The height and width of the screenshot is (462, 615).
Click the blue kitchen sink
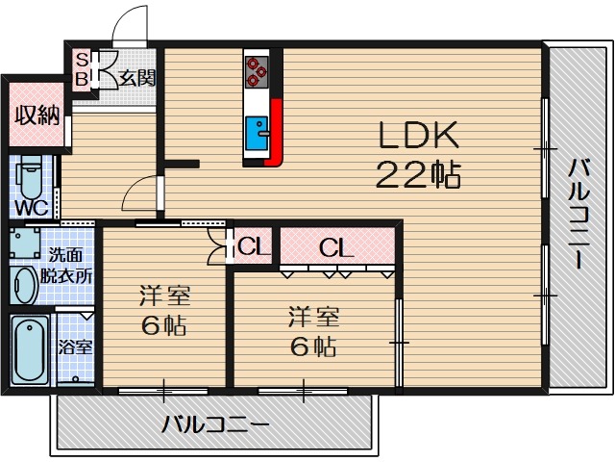(x=257, y=132)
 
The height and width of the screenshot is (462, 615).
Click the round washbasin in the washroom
(x=24, y=284)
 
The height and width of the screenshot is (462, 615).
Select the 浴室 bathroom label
(x=75, y=347)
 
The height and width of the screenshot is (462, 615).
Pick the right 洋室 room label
(x=308, y=330)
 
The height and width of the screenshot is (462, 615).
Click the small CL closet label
(x=254, y=247)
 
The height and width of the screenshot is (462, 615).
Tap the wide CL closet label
(x=336, y=247)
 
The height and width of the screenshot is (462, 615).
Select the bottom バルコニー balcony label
(x=213, y=422)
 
